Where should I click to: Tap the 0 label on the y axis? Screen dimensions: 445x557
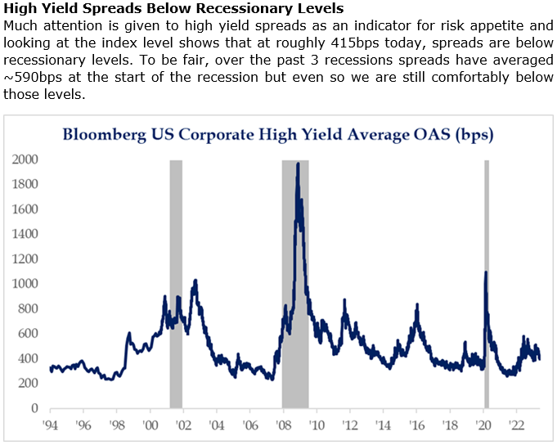(34, 408)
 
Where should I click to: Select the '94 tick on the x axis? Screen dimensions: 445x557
(50, 425)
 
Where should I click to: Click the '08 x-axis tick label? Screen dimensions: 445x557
(284, 425)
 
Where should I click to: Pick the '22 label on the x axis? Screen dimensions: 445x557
(518, 425)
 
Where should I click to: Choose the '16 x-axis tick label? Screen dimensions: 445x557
(417, 425)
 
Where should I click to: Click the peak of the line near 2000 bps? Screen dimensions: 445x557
(298, 164)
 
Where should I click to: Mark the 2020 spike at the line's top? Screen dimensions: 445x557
(486, 272)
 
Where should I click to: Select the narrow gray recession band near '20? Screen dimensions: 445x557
(487, 327)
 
